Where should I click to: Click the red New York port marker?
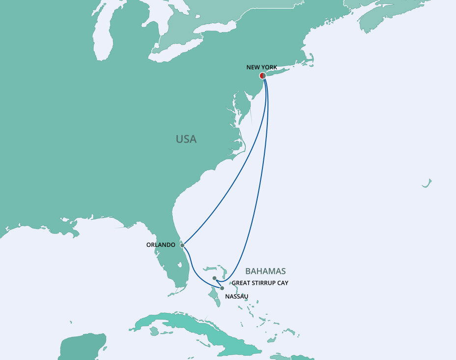tap(262, 76)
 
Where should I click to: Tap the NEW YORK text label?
tap(261, 67)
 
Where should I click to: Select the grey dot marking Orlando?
tap(182, 244)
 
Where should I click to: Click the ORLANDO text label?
tap(161, 244)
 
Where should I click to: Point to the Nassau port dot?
tap(222, 288)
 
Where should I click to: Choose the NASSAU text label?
tap(236, 297)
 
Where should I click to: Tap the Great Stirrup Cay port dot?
tap(215, 278)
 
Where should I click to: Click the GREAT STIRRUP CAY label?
tap(260, 283)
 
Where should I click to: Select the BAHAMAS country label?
tap(265, 271)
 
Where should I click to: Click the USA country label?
tap(186, 139)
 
